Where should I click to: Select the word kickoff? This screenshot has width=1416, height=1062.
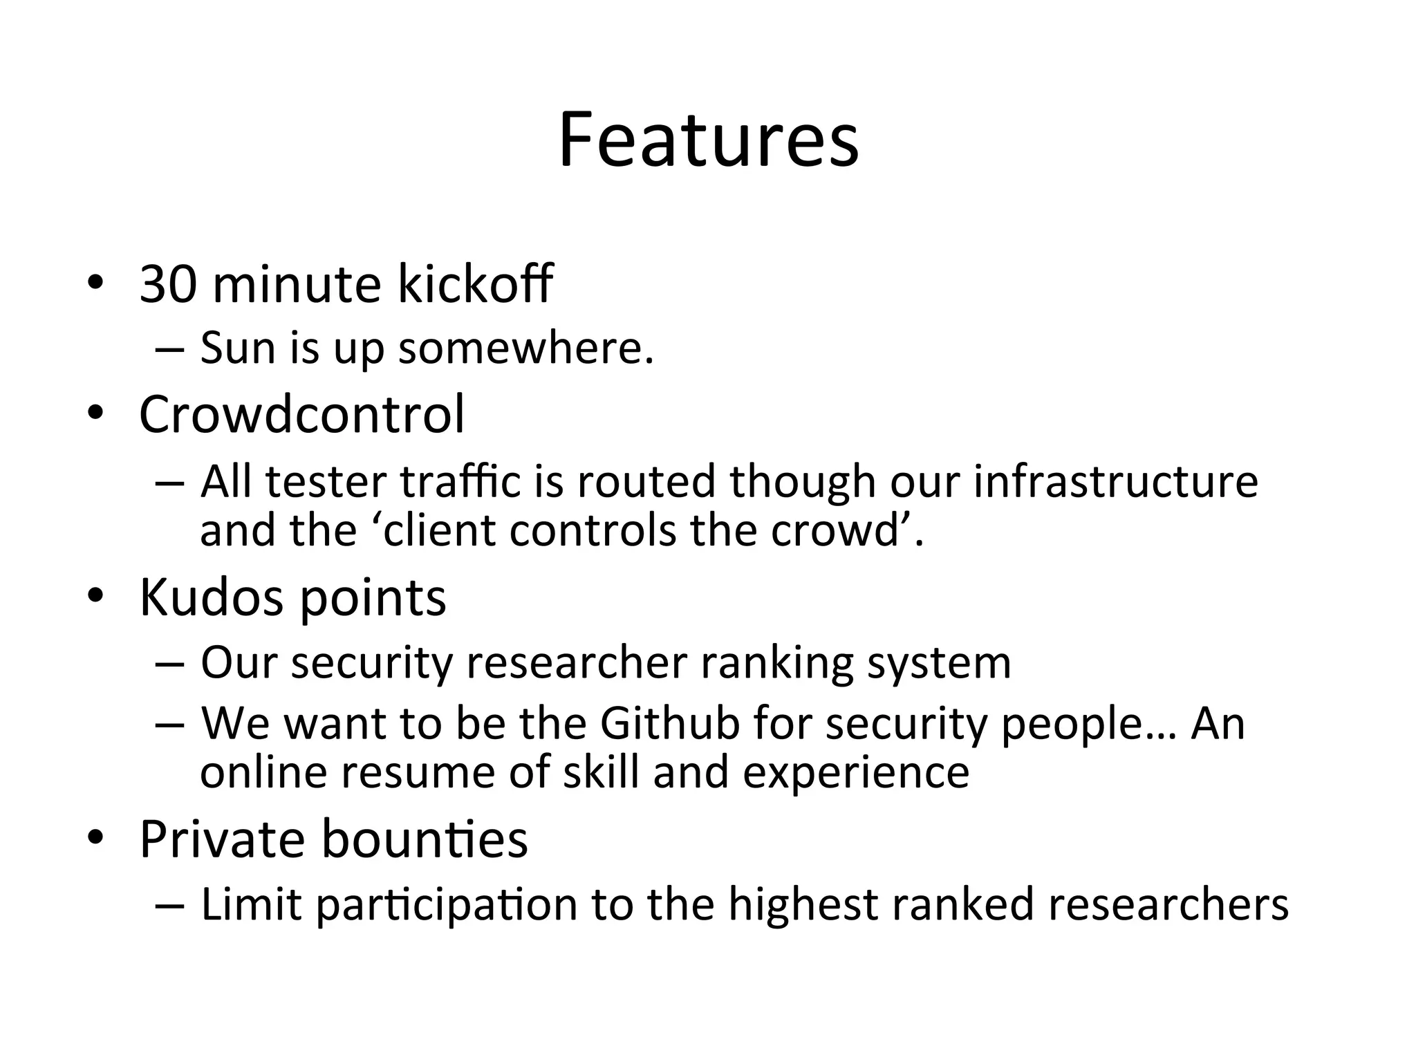(x=475, y=284)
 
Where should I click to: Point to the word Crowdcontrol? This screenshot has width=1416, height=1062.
(x=301, y=414)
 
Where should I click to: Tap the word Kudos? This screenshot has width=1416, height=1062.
(x=212, y=597)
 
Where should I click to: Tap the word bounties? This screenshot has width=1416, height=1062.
(x=425, y=839)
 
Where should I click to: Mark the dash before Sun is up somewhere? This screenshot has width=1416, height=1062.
(x=170, y=348)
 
